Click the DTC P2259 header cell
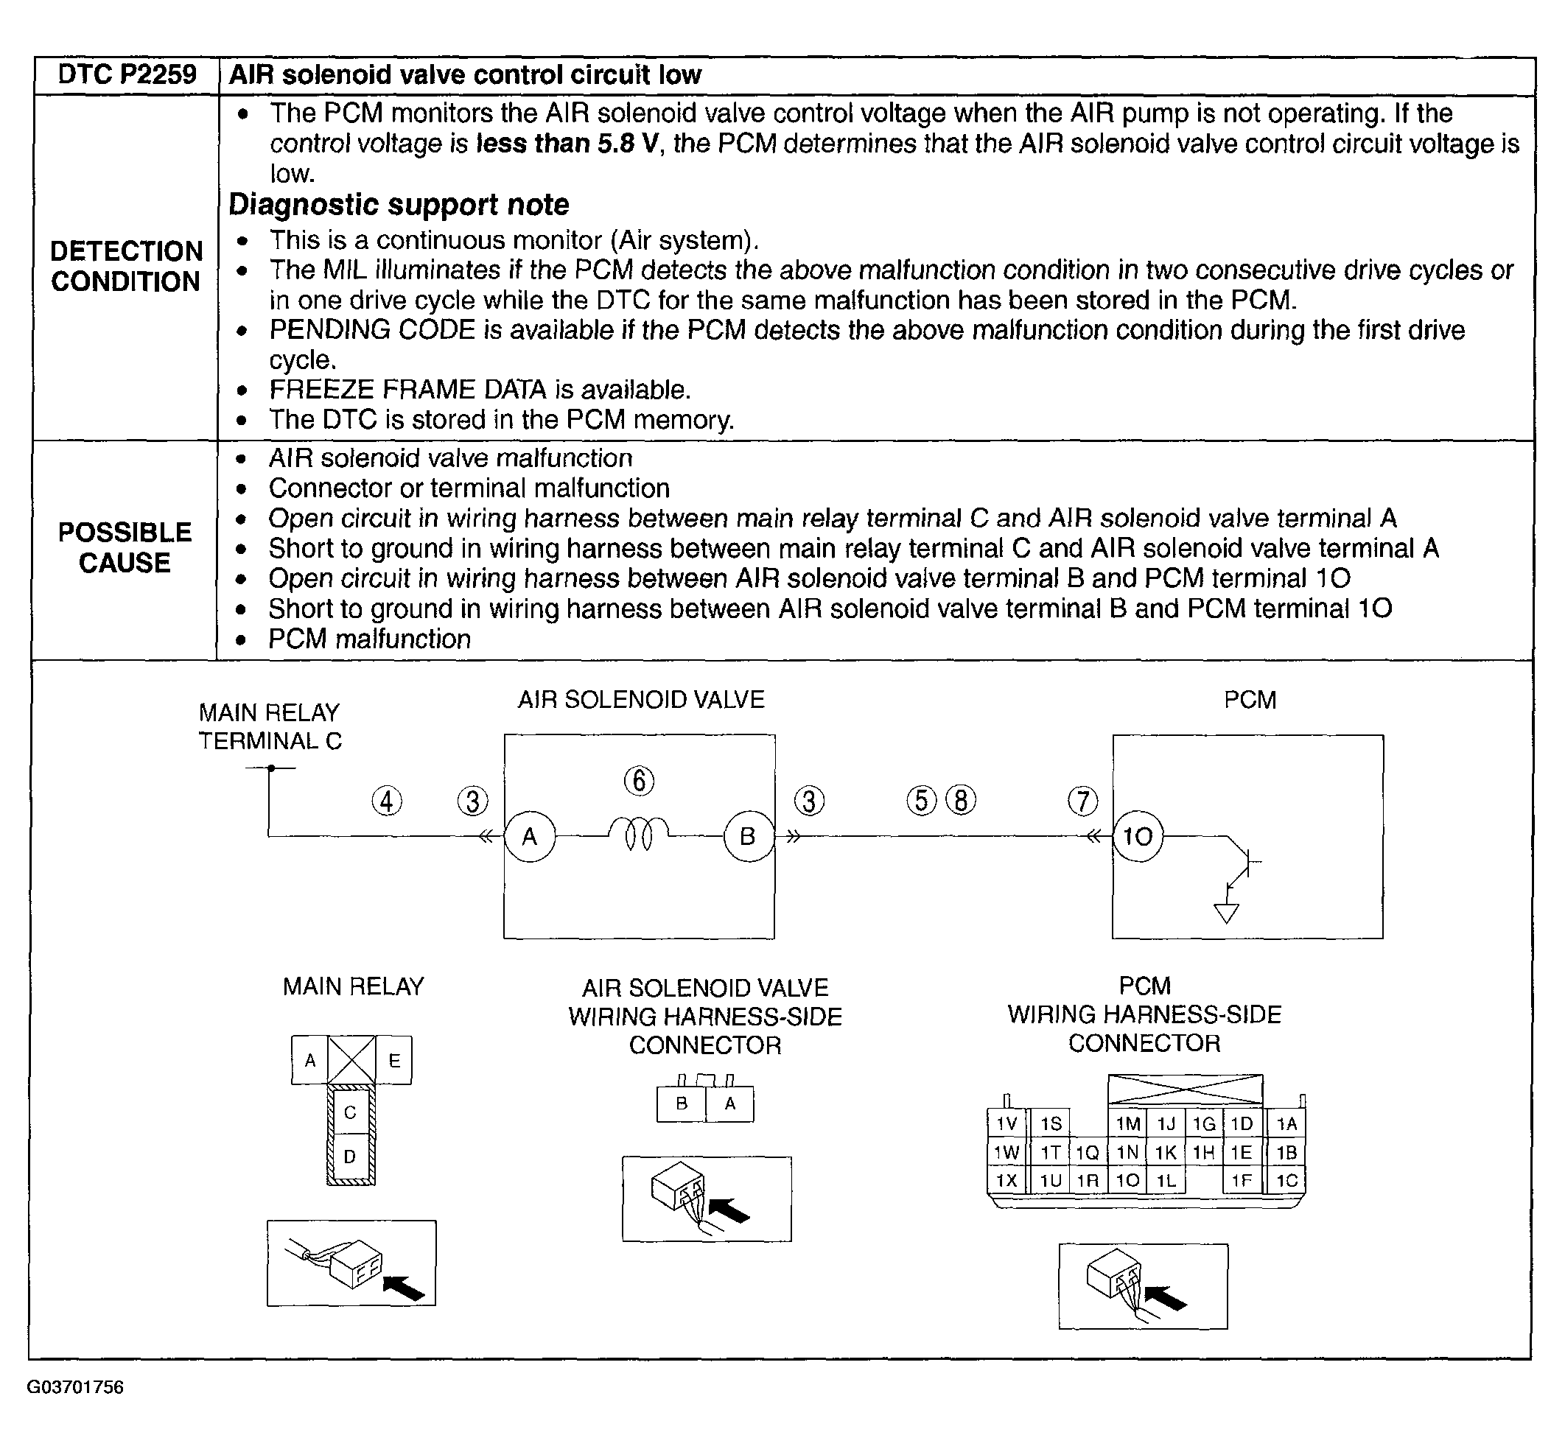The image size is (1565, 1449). pos(127,75)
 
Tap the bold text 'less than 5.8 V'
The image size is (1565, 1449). pos(566,144)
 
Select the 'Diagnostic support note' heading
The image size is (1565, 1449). pos(399,205)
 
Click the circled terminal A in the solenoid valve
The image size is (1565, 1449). pos(530,837)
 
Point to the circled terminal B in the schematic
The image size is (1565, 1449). pos(747,837)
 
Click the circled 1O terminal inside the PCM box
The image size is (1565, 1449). pos(1138,837)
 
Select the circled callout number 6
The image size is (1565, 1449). pos(639,781)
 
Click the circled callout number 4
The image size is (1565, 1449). pos(387,801)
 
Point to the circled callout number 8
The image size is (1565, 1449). pos(962,800)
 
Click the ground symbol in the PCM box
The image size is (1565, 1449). pos(1226,913)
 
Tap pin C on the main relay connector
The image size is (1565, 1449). pos(351,1112)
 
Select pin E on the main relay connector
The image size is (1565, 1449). pos(393,1061)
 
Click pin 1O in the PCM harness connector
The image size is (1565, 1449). pos(1127,1181)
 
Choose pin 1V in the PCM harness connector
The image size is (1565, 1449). pos(1006,1124)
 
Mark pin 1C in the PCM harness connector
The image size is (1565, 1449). pos(1286,1181)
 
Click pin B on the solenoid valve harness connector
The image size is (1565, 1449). pos(682,1104)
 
